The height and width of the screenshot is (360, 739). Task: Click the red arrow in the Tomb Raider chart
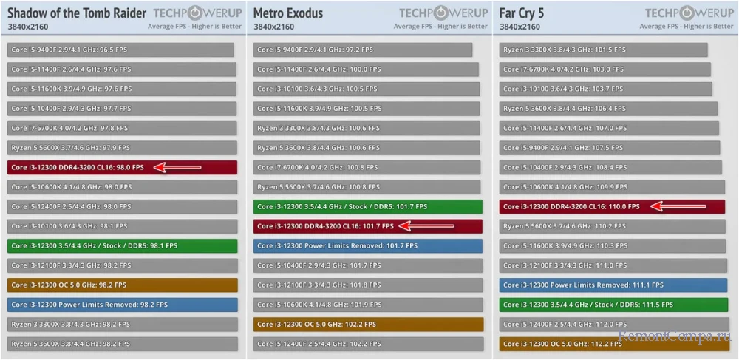(x=177, y=167)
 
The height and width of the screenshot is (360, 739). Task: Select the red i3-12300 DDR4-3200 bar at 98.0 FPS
(x=122, y=167)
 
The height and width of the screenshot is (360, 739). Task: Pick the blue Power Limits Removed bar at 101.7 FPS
(x=367, y=245)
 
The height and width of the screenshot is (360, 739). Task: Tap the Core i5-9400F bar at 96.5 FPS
(x=120, y=50)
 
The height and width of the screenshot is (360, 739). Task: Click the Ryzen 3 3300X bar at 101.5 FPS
(x=603, y=50)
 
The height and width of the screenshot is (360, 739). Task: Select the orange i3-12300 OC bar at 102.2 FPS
(x=368, y=324)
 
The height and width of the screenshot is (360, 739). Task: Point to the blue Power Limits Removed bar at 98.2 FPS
(x=122, y=304)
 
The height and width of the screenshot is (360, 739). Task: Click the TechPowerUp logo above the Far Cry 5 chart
(x=689, y=13)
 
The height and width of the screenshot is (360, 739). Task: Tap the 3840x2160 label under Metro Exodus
(x=273, y=27)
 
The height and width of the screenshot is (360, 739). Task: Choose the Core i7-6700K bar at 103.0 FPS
(x=605, y=69)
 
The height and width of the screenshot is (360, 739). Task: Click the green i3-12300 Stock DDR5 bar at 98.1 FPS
(x=122, y=245)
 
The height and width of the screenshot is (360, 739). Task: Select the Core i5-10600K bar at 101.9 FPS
(x=367, y=304)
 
